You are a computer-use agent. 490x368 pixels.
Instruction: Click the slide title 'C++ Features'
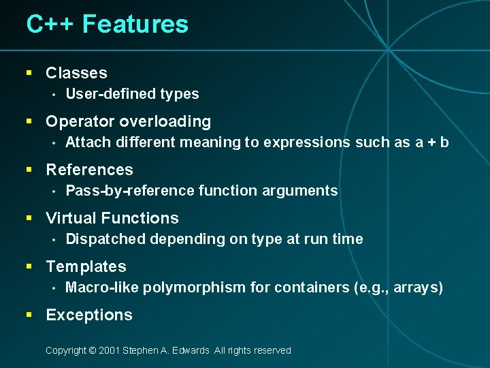click(107, 25)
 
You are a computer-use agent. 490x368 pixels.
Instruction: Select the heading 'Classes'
click(76, 73)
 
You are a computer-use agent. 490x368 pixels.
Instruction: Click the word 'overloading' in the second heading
click(165, 121)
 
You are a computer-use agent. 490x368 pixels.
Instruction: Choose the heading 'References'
click(89, 170)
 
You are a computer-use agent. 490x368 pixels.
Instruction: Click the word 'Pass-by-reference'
click(128, 191)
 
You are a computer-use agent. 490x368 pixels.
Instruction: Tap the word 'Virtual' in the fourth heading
click(70, 218)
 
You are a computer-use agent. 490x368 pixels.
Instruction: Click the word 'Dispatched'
click(105, 239)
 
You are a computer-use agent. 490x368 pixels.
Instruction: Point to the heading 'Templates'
click(86, 266)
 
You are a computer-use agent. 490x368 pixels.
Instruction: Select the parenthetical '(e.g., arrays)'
click(398, 288)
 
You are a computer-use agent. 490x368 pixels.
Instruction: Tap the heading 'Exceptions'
click(89, 315)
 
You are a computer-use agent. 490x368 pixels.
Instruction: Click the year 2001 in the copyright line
click(109, 350)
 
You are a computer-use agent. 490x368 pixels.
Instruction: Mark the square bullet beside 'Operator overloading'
click(29, 121)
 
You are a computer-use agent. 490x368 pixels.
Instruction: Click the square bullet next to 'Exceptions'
click(29, 315)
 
